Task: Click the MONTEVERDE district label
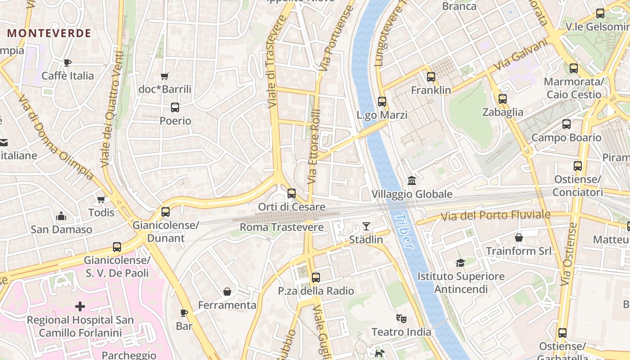[x=49, y=33]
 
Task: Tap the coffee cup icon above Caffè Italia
[x=67, y=63]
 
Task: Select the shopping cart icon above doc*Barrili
[x=165, y=76]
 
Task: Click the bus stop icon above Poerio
[x=175, y=108]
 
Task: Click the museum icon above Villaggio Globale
[x=412, y=181]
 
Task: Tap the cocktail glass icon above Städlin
[x=366, y=226]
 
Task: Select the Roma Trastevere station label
[x=281, y=227]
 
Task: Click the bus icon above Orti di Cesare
[x=292, y=193]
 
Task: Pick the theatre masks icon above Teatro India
[x=401, y=319]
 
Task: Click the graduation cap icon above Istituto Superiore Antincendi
[x=460, y=263]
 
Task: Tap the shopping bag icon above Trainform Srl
[x=518, y=237]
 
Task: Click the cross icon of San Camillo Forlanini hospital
[x=80, y=307]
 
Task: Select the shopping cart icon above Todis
[x=101, y=199]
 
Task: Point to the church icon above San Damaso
[x=61, y=216]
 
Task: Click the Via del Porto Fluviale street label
[x=495, y=216]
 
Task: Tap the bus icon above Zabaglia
[x=503, y=99]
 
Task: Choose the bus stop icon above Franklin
[x=431, y=77]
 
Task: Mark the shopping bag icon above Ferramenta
[x=227, y=292]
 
